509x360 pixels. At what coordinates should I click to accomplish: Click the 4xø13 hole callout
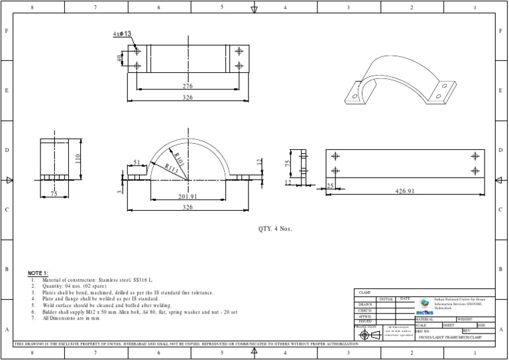(x=123, y=34)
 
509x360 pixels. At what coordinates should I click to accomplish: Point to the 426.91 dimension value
(x=404, y=192)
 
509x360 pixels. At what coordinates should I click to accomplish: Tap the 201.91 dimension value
(x=188, y=196)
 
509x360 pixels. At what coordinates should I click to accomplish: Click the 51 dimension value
(x=137, y=162)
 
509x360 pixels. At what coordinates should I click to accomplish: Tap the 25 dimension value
(x=330, y=186)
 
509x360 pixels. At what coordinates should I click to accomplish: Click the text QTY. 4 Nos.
(x=274, y=229)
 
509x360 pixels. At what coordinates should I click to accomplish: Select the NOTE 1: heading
(x=38, y=273)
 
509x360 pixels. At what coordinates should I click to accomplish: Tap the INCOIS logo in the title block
(x=424, y=306)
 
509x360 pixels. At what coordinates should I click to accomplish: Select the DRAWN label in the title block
(x=365, y=304)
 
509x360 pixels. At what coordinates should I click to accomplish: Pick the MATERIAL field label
(x=424, y=319)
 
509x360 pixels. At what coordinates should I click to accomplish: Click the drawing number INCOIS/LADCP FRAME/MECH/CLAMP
(x=451, y=336)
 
